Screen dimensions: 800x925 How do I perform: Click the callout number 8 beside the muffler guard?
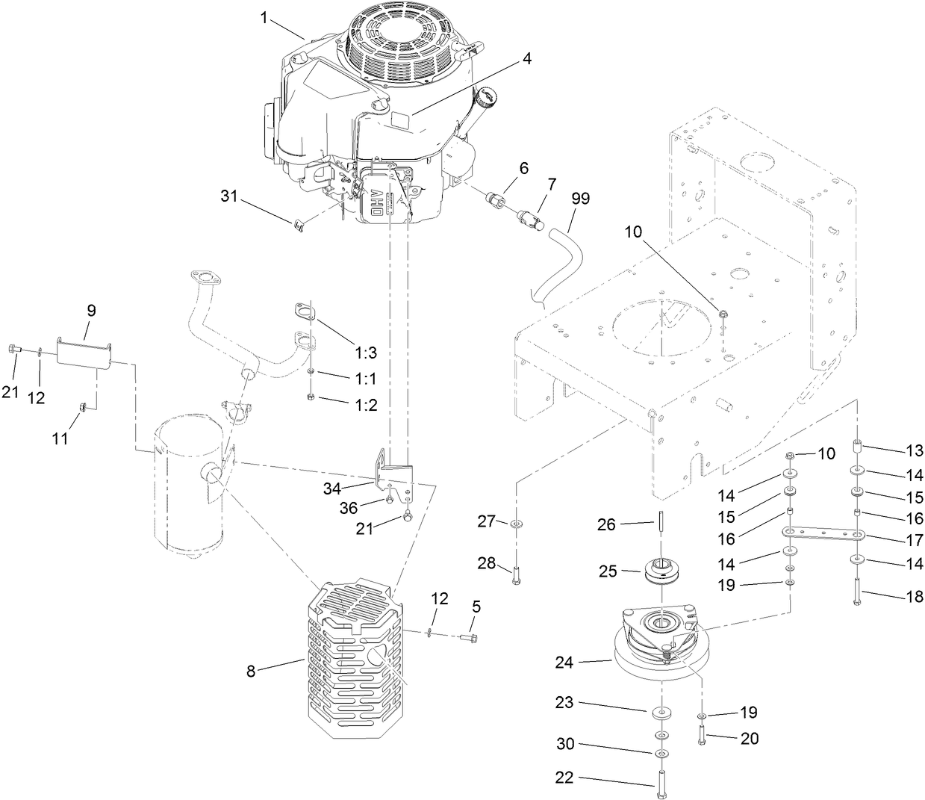(x=252, y=672)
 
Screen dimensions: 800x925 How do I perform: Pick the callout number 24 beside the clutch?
(x=565, y=661)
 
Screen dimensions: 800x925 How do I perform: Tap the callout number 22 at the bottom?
(x=564, y=778)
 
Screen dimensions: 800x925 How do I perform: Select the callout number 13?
(x=914, y=450)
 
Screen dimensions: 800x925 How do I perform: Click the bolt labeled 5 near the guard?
(x=469, y=638)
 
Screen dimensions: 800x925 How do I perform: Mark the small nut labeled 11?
(x=84, y=406)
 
